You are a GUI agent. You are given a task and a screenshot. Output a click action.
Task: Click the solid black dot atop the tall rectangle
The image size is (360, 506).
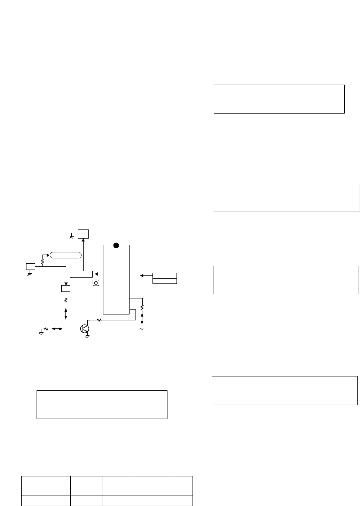coord(116,246)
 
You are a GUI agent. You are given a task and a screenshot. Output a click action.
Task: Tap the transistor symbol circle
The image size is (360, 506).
coord(85,328)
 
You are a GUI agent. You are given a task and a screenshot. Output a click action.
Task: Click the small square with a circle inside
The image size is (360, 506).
coord(96,283)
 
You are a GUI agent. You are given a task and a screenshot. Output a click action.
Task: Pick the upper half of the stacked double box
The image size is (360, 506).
coord(165,275)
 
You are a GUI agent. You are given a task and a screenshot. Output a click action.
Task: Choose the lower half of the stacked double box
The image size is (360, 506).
coord(165,281)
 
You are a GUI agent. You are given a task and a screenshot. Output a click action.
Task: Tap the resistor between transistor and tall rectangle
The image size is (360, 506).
coord(99,320)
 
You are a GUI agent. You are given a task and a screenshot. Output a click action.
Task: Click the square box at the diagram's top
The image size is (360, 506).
coord(83,234)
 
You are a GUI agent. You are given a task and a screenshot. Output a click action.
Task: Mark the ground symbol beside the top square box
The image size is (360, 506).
coord(71,236)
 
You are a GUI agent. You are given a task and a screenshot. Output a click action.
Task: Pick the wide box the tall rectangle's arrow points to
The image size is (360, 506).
coord(81,274)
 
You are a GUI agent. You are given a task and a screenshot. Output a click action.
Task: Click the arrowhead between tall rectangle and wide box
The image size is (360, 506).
coord(96,274)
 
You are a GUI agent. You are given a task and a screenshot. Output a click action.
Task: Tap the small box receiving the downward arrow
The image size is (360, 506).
coord(66,288)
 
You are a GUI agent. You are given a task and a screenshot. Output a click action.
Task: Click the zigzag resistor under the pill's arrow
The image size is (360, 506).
coord(42,261)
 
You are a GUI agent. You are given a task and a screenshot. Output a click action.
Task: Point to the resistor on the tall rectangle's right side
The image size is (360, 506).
coord(142,308)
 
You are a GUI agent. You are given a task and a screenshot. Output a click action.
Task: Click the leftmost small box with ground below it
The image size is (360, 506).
coord(31,267)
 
